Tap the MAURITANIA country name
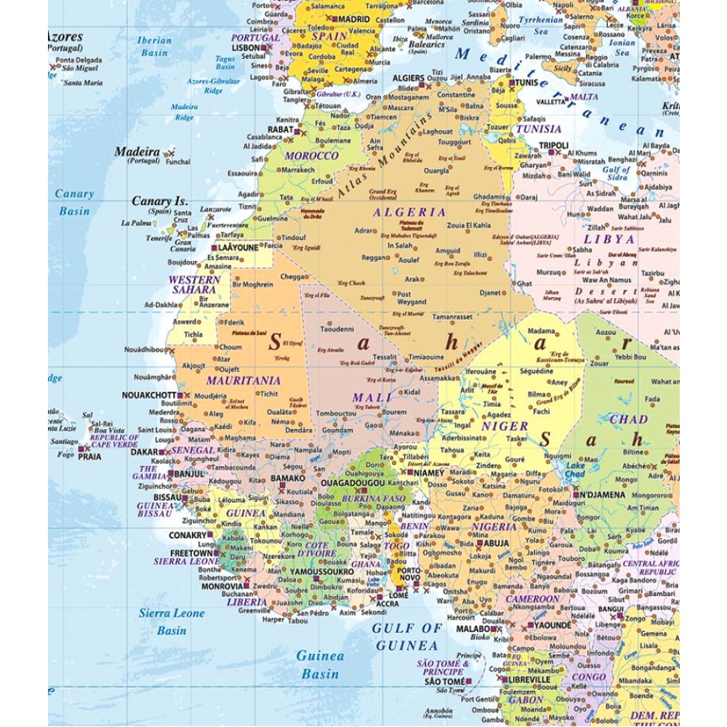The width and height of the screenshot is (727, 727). coord(243,380)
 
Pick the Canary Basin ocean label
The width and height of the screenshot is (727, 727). coord(75,202)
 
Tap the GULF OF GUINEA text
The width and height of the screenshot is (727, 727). coord(407,636)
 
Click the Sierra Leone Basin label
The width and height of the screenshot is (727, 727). coord(172,622)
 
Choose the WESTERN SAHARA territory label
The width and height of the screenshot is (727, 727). coord(194,284)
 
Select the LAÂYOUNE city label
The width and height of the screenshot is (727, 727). coord(238,248)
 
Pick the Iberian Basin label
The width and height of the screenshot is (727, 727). coord(154,47)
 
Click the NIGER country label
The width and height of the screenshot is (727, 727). coord(505,426)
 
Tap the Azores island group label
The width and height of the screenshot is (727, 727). coord(66,36)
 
